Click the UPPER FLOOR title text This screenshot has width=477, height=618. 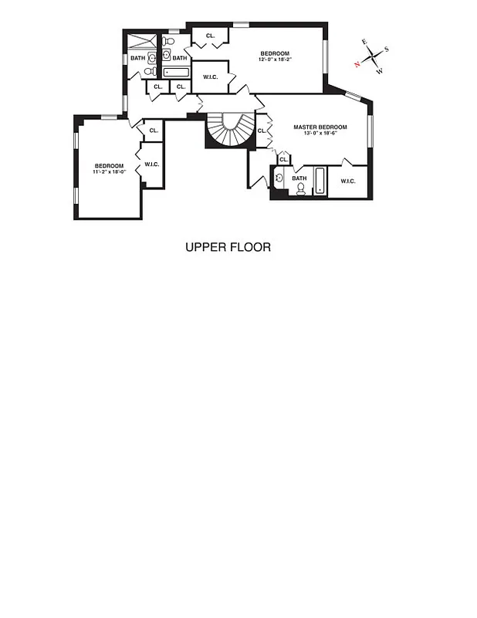pyautogui.click(x=228, y=248)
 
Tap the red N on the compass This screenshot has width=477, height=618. pyautogui.click(x=357, y=64)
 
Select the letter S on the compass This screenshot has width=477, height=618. pyautogui.click(x=386, y=49)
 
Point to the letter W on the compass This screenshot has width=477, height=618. pyautogui.click(x=379, y=71)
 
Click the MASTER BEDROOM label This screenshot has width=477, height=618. pyautogui.click(x=320, y=127)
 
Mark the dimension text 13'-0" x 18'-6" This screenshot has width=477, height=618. pyautogui.click(x=320, y=133)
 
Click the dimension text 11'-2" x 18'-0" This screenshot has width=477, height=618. pyautogui.click(x=109, y=171)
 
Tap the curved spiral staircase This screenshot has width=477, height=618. pyautogui.click(x=229, y=131)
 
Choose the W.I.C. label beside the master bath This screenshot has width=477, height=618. pyautogui.click(x=348, y=181)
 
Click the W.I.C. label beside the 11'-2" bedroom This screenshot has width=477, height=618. pyautogui.click(x=151, y=164)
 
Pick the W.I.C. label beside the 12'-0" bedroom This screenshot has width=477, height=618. pyautogui.click(x=210, y=76)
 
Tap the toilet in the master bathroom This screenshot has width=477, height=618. pyautogui.click(x=300, y=188)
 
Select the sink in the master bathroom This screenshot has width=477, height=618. pyautogui.click(x=278, y=178)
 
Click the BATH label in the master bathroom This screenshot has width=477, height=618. pyautogui.click(x=299, y=178)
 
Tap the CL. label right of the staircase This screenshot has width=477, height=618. pyautogui.click(x=262, y=131)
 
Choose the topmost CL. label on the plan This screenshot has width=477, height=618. pyautogui.click(x=210, y=36)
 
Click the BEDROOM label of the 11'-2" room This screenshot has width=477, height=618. pyautogui.click(x=109, y=165)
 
